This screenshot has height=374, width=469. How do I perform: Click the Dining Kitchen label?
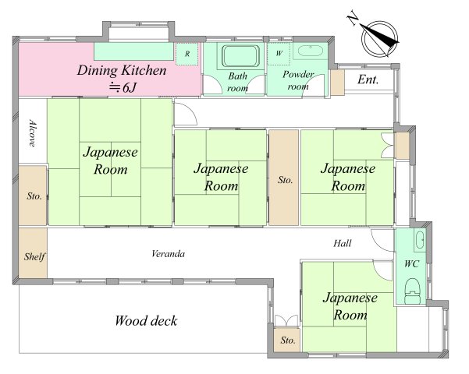click(x=122, y=70)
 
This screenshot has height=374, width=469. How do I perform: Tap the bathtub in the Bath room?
click(x=240, y=56)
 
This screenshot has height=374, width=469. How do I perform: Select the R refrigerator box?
click(x=187, y=54)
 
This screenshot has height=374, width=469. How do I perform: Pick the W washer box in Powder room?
click(x=279, y=54)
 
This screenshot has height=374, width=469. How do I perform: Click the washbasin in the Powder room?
click(x=310, y=51)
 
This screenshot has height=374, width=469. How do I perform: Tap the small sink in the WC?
click(x=420, y=239)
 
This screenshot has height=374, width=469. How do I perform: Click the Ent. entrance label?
click(x=368, y=79)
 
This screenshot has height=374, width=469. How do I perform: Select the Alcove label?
click(x=33, y=133)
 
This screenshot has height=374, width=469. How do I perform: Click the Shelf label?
click(x=34, y=256)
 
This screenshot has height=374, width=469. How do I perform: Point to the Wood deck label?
click(x=146, y=321)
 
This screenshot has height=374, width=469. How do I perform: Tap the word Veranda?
click(x=168, y=254)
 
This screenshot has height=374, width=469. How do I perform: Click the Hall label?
click(x=343, y=243)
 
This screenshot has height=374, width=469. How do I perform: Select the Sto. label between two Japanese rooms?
click(x=285, y=180)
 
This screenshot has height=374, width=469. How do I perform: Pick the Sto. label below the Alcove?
click(x=34, y=196)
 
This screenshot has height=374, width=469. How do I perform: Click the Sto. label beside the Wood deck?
click(x=288, y=340)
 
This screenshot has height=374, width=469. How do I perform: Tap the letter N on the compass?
click(x=353, y=19)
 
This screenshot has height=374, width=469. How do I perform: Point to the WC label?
click(x=411, y=264)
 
